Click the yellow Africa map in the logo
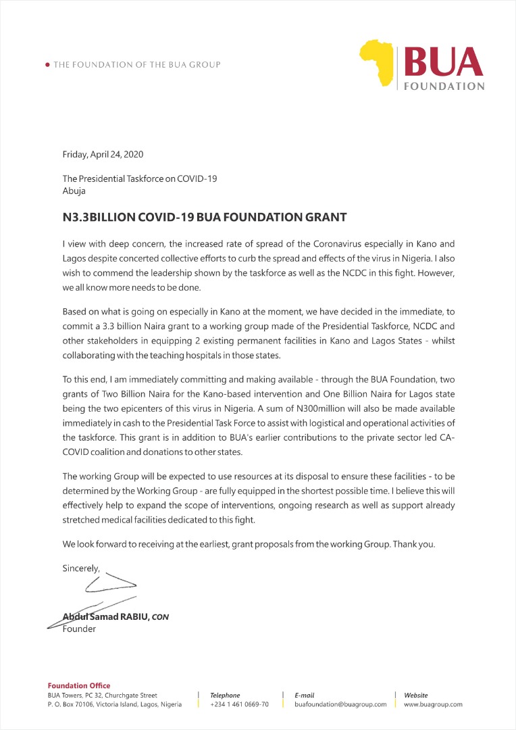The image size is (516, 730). pos(380,63)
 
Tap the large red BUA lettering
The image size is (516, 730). pos(443,62)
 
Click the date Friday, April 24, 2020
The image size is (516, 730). pos(103,154)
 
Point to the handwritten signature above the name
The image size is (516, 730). pos(101,595)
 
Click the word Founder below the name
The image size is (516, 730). pos(79,629)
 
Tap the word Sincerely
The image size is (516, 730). pos(80,568)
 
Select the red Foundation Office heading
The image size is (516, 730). pos(79,685)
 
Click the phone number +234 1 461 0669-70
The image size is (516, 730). pos(239,704)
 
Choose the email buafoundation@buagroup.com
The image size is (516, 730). pos(340,704)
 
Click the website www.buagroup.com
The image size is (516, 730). pos(433,704)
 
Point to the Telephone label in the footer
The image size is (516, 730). pos(225,695)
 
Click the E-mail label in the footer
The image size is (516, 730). pos(304,695)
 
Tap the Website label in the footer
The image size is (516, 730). pos(415,695)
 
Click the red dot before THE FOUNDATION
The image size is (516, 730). pos(47,65)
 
